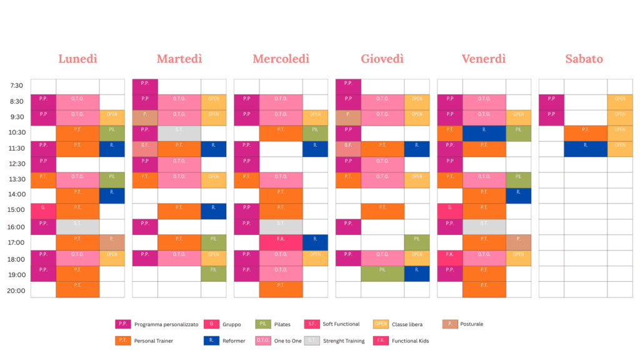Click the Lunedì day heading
click(x=78, y=59)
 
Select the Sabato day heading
click(x=584, y=59)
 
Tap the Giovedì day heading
click(x=382, y=59)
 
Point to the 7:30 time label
click(x=17, y=86)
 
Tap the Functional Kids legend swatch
click(x=381, y=341)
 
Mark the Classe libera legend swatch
click(x=381, y=324)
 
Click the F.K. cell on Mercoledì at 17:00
click(x=281, y=242)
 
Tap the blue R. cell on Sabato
click(x=585, y=149)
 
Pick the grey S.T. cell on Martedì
click(x=179, y=133)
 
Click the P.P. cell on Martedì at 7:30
click(x=145, y=86)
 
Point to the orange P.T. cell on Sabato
click(x=585, y=133)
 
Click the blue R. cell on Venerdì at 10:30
click(x=484, y=133)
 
